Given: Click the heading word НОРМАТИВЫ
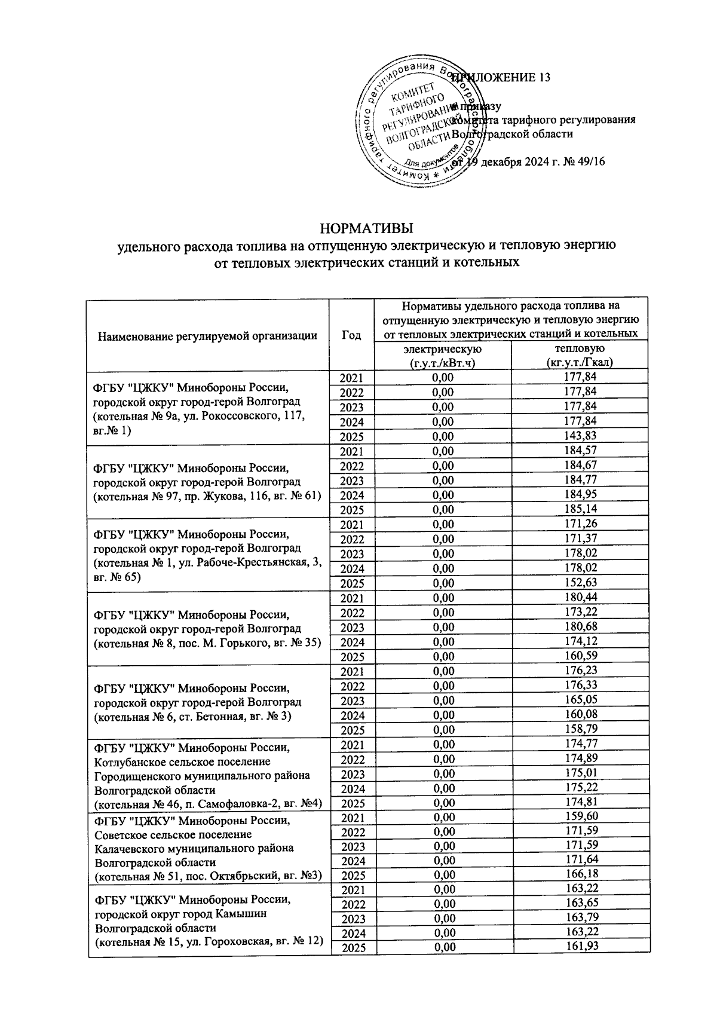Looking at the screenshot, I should tap(367, 229).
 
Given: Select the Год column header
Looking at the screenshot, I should tap(351, 335).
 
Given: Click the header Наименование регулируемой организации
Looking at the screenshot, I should tap(207, 336).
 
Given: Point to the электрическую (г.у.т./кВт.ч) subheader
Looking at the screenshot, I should tap(442, 355).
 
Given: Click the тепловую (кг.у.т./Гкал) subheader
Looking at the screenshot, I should tap(579, 355).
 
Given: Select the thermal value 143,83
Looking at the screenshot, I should tap(580, 436).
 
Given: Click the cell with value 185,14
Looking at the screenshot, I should tap(580, 509).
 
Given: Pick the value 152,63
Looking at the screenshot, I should tap(580, 583).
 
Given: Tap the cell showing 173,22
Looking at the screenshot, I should tap(580, 612).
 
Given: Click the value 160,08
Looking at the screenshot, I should tap(580, 714).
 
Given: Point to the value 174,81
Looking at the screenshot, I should tap(580, 802).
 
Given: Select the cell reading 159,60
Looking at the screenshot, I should tap(580, 816).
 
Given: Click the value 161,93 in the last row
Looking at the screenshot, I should tap(580, 946).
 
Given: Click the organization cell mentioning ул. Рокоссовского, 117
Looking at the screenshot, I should tap(207, 408).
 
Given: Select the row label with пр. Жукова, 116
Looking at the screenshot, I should tap(207, 481).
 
